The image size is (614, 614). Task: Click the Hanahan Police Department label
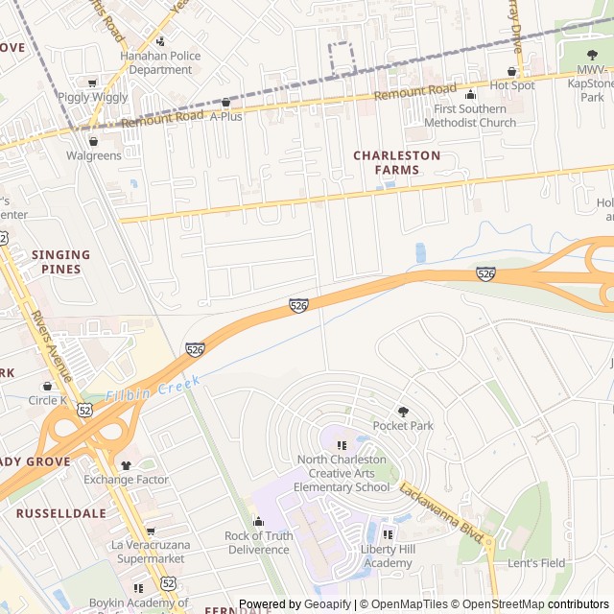click(160, 62)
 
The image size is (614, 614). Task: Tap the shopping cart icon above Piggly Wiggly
click(92, 83)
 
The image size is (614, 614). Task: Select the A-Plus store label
click(226, 116)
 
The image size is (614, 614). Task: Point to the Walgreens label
click(93, 155)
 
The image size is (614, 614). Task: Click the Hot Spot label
click(511, 85)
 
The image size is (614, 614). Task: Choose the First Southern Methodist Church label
click(470, 116)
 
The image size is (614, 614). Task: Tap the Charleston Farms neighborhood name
click(396, 162)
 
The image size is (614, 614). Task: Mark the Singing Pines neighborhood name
click(60, 262)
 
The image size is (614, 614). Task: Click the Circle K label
click(47, 400)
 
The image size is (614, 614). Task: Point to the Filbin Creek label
click(153, 389)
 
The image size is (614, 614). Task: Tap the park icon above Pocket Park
click(403, 411)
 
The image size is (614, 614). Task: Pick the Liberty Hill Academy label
click(388, 555)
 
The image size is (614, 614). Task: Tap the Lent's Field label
click(536, 563)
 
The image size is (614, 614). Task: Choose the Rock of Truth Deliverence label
click(258, 542)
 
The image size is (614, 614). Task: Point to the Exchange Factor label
click(126, 480)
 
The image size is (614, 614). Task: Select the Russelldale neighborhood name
click(60, 513)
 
